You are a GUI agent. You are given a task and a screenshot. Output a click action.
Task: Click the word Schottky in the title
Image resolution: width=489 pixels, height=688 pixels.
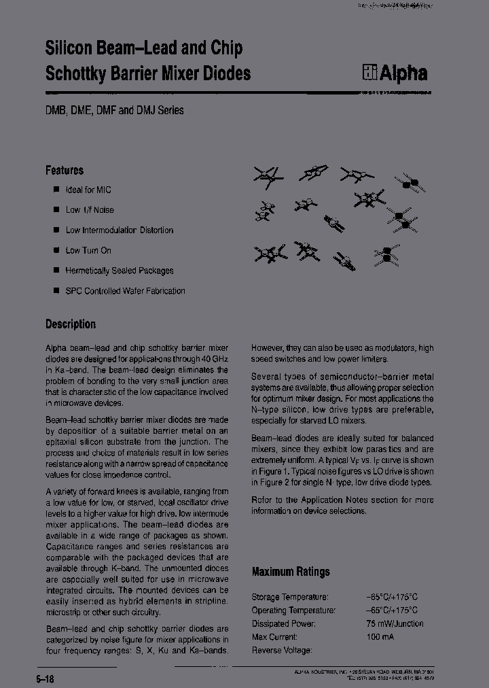(x=74, y=73)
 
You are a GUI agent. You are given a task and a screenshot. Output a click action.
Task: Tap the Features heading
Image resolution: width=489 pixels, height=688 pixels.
(x=65, y=170)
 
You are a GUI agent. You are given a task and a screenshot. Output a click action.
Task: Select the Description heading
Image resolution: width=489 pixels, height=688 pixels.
(x=71, y=324)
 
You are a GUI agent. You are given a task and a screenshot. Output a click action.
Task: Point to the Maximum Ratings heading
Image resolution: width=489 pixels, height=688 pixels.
(x=291, y=572)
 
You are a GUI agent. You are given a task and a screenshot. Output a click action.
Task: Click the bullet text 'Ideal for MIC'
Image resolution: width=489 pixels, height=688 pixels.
(x=88, y=190)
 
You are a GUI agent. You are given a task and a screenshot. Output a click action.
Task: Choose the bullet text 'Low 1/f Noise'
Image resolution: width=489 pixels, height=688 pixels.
(x=90, y=210)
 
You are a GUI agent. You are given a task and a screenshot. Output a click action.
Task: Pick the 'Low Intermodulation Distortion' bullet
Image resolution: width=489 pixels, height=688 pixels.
(x=120, y=230)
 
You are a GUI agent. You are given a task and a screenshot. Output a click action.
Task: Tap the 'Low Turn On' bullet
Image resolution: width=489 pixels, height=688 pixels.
(x=88, y=250)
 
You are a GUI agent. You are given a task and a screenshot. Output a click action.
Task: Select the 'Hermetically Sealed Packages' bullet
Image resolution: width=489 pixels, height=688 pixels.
(x=120, y=271)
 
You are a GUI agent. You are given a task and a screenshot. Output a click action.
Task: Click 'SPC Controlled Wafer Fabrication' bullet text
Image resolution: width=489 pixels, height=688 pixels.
(x=125, y=291)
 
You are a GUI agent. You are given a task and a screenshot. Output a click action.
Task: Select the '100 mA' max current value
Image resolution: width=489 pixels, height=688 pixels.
(x=380, y=637)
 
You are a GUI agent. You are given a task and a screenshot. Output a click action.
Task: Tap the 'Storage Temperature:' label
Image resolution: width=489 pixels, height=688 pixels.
(x=290, y=597)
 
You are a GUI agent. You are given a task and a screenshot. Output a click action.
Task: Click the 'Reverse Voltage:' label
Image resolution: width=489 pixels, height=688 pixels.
(x=282, y=651)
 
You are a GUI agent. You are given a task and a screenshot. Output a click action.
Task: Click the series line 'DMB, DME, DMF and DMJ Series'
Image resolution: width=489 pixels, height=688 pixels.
(x=115, y=110)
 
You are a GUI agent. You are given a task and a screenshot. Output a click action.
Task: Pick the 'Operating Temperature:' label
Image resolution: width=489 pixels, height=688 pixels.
(x=293, y=610)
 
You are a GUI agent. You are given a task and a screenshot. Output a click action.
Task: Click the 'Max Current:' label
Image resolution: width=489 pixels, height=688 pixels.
(x=274, y=637)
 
